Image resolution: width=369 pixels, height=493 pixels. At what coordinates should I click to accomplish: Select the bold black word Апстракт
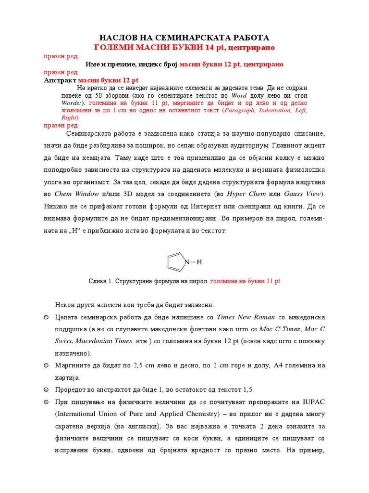[60, 80]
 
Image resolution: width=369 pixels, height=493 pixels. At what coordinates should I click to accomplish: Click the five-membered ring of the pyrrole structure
[175, 262]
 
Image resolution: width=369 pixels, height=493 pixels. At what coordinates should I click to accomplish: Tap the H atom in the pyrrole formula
[199, 262]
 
